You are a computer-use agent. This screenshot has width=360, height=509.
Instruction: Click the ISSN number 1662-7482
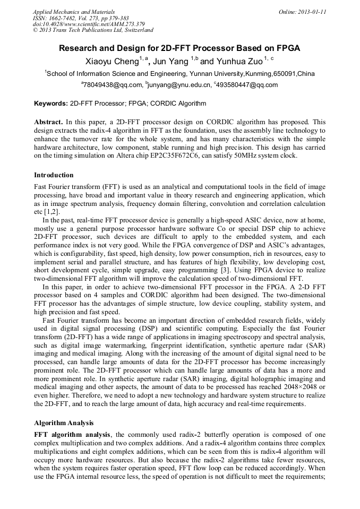click(63, 18)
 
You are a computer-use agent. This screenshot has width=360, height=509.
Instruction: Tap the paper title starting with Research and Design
click(179, 48)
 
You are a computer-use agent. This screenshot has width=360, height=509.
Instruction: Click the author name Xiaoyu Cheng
click(112, 62)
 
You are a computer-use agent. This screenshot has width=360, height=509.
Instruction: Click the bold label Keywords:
click(51, 103)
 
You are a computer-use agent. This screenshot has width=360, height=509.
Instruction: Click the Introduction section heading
click(54, 175)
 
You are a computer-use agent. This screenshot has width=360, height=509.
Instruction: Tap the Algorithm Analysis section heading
click(64, 423)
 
